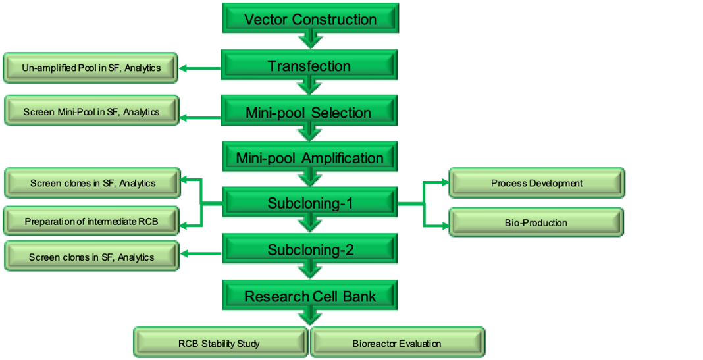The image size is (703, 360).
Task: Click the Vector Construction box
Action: point(310,19)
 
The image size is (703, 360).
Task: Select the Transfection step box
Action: point(309,66)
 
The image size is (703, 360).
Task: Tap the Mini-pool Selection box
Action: point(308,112)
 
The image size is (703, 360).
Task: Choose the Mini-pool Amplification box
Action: point(309,158)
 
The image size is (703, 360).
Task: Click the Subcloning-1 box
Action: point(310,203)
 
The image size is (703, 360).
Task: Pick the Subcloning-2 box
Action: point(310,250)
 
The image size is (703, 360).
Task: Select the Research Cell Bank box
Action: point(310,296)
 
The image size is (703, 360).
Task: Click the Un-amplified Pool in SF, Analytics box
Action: point(91,68)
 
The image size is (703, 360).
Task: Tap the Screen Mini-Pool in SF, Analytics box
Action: point(91,112)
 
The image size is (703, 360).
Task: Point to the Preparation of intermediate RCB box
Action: point(91,222)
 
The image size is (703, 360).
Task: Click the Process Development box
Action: point(536,183)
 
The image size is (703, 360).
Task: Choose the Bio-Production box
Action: point(536,223)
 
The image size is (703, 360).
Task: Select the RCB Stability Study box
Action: point(219,343)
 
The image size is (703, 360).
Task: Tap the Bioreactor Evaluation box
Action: point(396,343)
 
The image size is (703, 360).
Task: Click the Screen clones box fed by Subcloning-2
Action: point(91,257)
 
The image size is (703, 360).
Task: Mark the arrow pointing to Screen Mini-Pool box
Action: point(199,118)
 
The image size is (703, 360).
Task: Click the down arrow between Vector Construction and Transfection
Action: point(310,41)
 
